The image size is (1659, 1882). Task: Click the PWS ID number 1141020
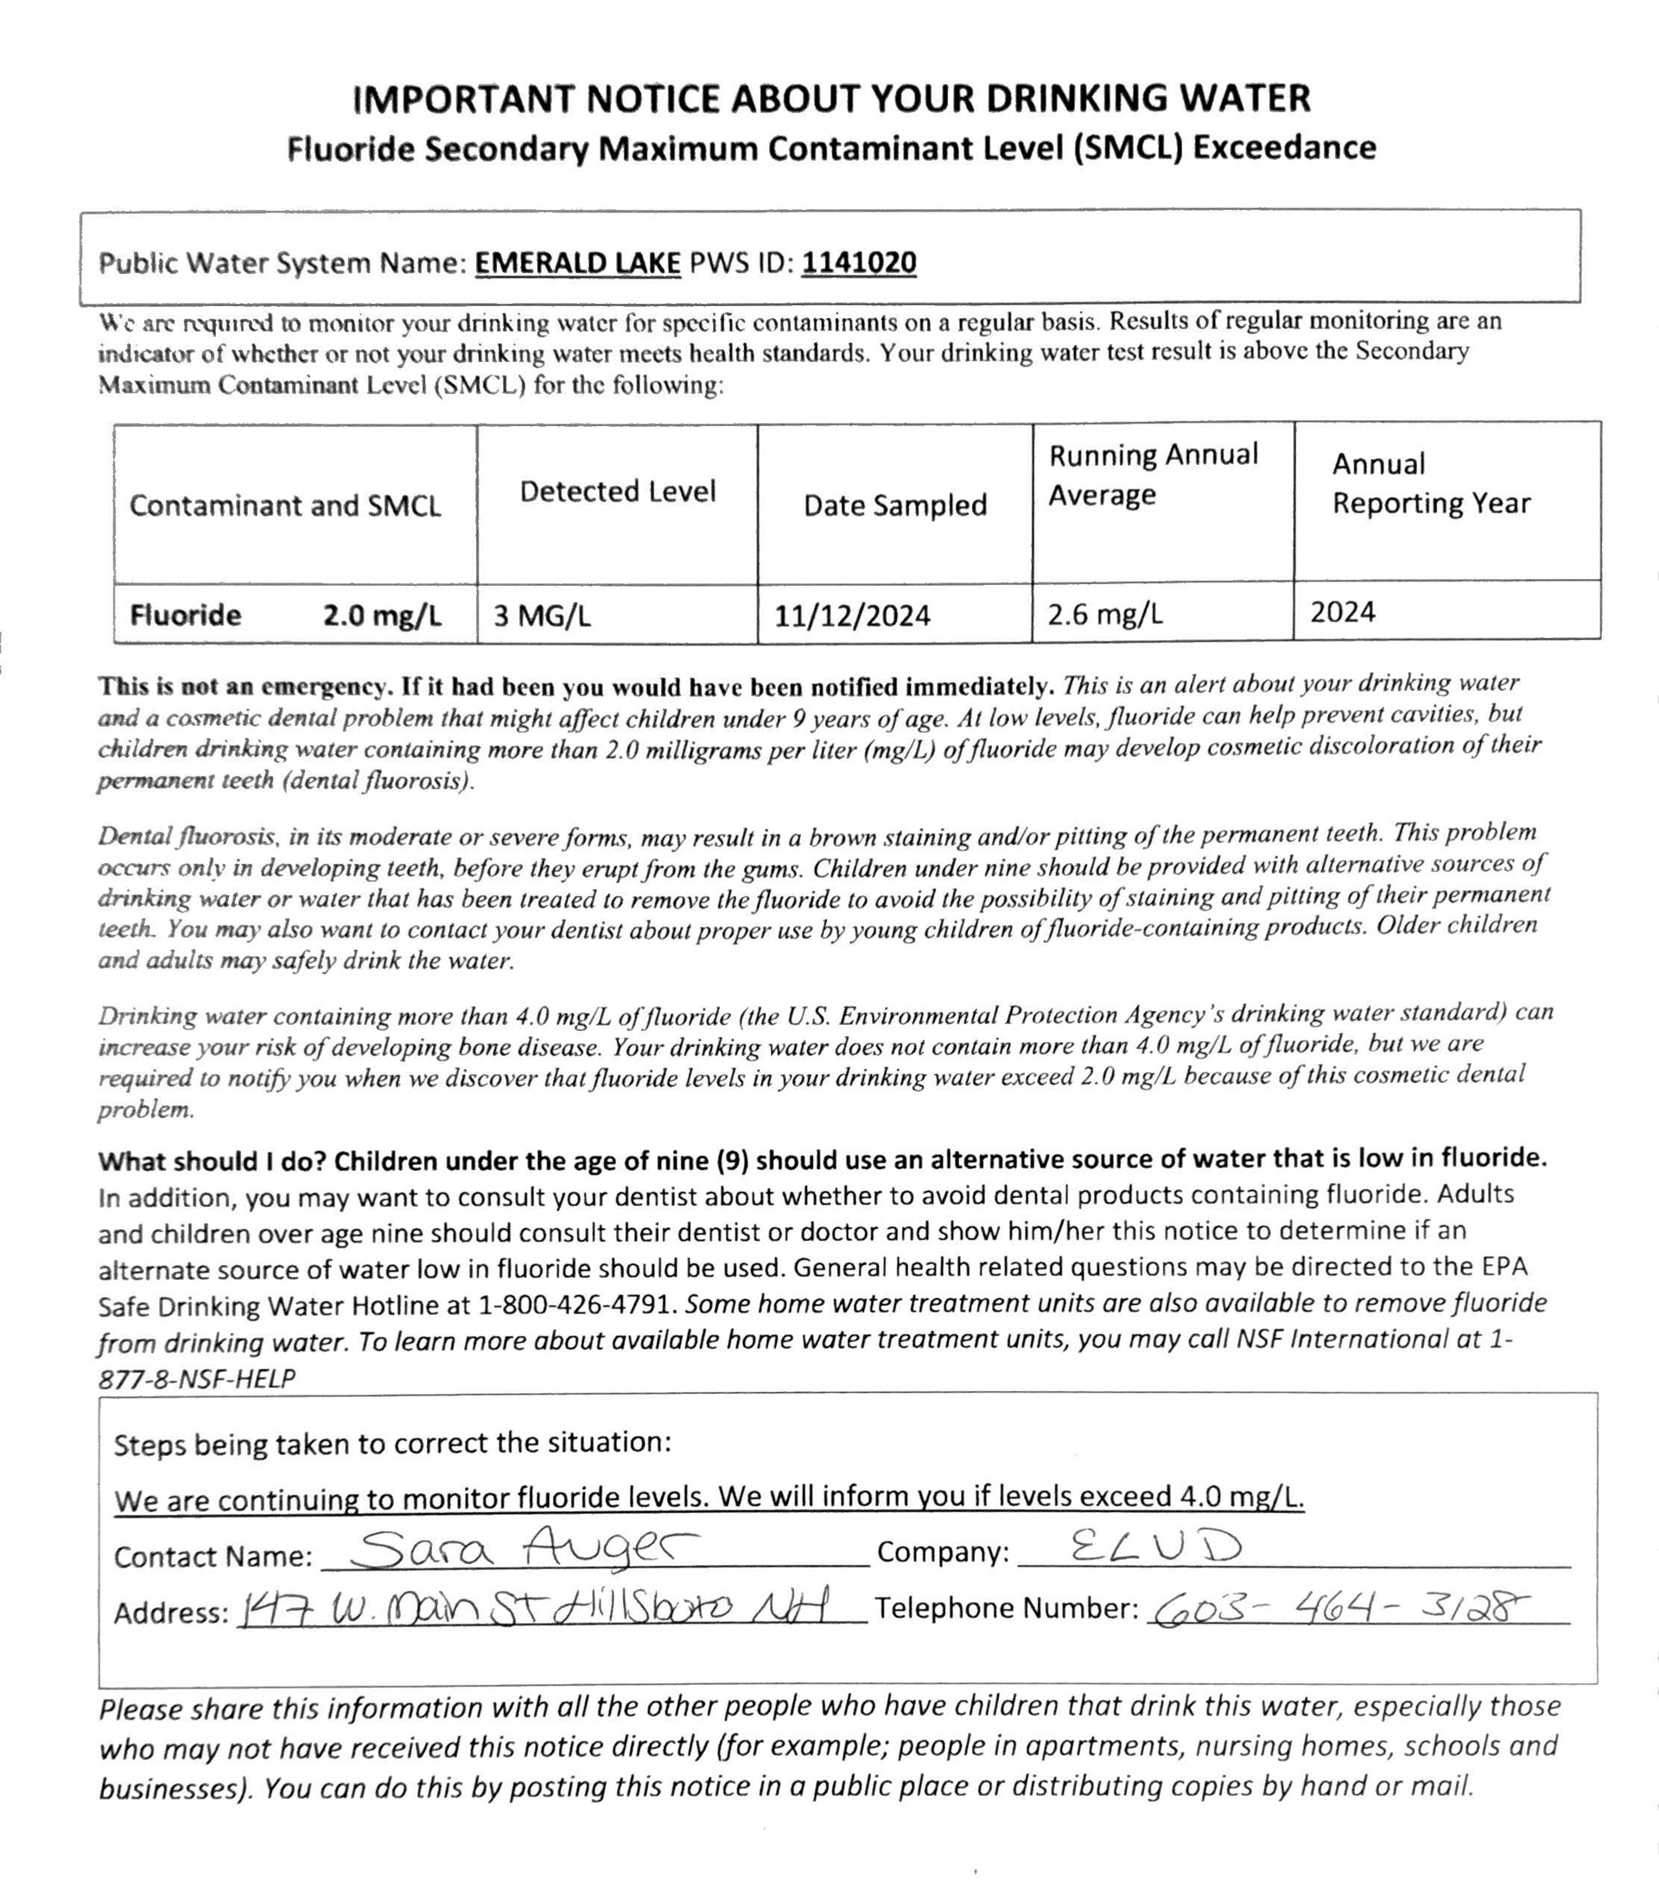(x=858, y=264)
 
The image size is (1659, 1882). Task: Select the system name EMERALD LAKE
(x=577, y=264)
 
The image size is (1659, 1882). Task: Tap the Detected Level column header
(x=617, y=491)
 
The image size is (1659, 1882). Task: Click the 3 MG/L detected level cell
(x=542, y=615)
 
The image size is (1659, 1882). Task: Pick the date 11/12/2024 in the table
(x=852, y=615)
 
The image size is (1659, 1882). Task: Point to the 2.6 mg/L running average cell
(x=1105, y=614)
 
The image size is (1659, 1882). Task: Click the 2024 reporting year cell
(x=1342, y=612)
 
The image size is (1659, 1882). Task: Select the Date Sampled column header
(x=895, y=505)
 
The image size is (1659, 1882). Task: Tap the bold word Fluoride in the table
(x=185, y=614)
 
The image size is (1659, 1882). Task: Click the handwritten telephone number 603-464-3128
(x=1340, y=1607)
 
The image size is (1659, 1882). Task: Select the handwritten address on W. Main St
(x=534, y=1609)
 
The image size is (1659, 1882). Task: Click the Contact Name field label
(x=213, y=1556)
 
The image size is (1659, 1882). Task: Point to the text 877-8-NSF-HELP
(x=197, y=1378)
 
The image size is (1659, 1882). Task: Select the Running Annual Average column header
(x=1153, y=474)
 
